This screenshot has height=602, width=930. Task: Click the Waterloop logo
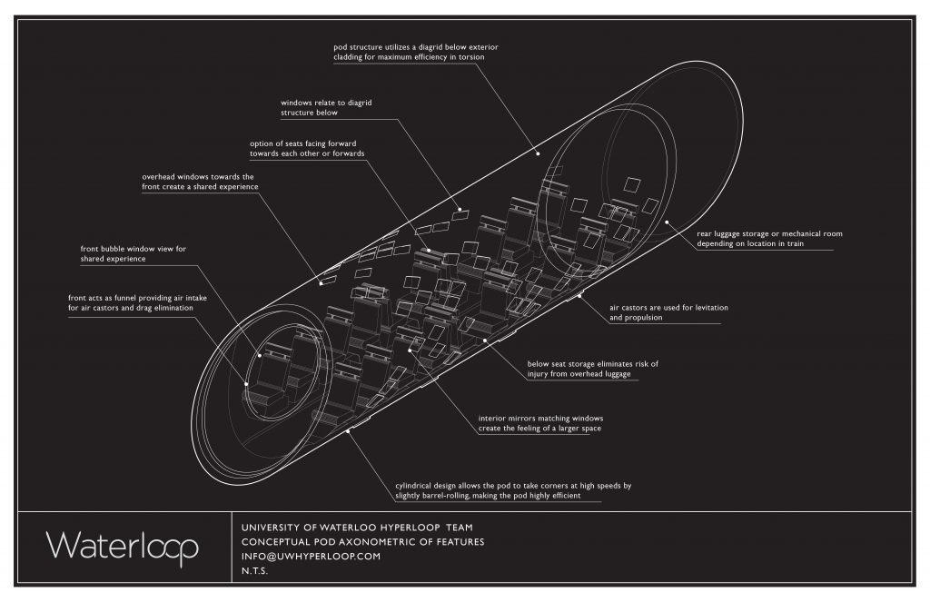click(123, 546)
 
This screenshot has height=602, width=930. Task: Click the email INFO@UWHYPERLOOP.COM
click(310, 558)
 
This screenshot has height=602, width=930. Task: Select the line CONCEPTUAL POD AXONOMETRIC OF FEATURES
click(362, 542)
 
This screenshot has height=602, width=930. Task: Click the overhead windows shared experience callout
click(200, 181)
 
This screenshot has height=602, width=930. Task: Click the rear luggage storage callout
click(769, 239)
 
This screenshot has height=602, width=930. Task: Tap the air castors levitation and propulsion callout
click(668, 313)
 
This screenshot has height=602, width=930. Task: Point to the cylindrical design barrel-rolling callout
click(513, 490)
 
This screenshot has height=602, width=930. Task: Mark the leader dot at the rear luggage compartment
click(666, 221)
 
